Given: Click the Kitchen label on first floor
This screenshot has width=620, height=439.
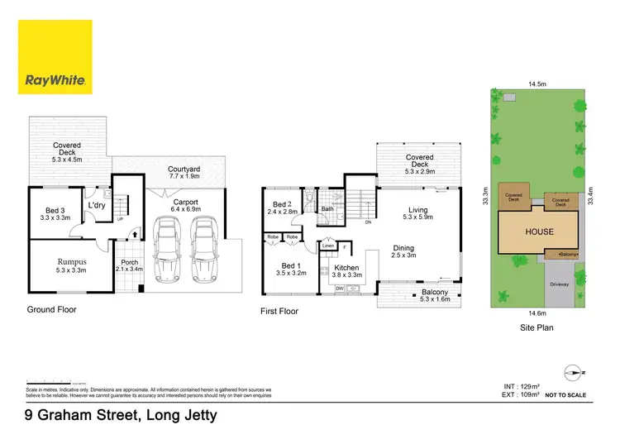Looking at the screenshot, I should point(347,269).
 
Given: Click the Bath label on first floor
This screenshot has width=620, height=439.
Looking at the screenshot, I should point(327,209).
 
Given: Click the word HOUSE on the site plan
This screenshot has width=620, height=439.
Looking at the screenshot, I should point(540,231).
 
